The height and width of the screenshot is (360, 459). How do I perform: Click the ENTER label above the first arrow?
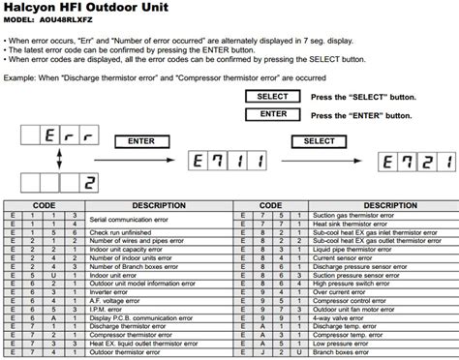point(141,141)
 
